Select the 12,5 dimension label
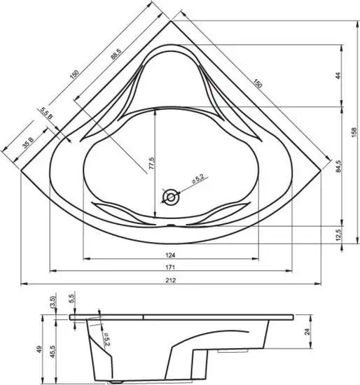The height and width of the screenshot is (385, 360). pyautogui.click(x=338, y=233)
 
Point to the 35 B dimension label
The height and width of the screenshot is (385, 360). pyautogui.click(x=28, y=143)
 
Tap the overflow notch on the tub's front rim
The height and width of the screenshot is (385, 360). pyautogui.click(x=171, y=226)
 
